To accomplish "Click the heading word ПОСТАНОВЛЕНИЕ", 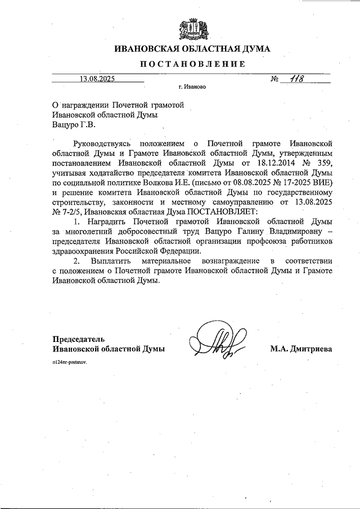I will [192, 64].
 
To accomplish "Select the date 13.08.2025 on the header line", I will [97, 79].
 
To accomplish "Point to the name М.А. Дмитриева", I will [301, 349].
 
